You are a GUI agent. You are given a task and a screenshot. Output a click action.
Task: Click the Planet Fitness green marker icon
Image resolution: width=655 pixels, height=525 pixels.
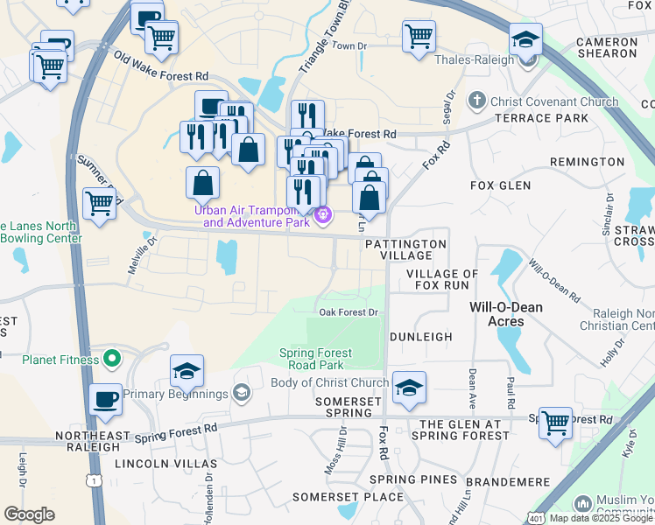pyautogui.click(x=111, y=358)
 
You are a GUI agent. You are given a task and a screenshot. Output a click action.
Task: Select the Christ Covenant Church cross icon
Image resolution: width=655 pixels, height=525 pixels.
pyautogui.click(x=477, y=101)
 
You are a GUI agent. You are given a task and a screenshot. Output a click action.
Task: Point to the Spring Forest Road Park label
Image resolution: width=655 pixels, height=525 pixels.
pyautogui.click(x=315, y=359)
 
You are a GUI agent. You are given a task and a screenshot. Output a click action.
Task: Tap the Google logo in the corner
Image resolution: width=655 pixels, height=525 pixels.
pyautogui.click(x=30, y=514)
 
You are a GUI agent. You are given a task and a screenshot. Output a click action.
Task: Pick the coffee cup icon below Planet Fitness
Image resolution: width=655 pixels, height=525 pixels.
pyautogui.click(x=106, y=398)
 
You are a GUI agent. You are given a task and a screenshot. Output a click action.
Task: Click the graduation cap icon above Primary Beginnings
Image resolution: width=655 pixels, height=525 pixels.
pyautogui.click(x=187, y=371)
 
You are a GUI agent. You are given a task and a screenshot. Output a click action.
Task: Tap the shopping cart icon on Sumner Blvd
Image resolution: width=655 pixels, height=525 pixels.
pyautogui.click(x=99, y=203)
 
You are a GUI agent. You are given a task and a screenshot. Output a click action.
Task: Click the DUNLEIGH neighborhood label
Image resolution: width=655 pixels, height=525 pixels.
pyautogui.click(x=420, y=336)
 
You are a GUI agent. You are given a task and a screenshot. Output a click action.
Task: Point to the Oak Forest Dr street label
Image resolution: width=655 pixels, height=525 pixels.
pyautogui.click(x=348, y=312)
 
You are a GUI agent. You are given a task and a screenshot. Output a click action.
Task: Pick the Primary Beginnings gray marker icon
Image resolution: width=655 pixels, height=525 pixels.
pyautogui.click(x=241, y=394)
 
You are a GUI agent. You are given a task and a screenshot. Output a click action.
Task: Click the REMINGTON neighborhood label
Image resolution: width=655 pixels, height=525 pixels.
pyautogui.click(x=587, y=162)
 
